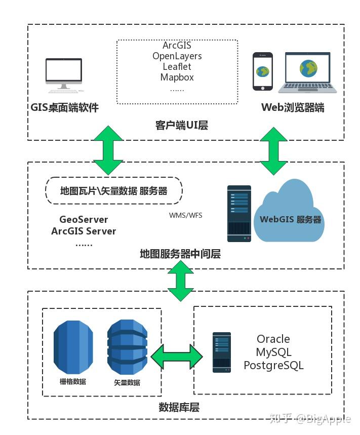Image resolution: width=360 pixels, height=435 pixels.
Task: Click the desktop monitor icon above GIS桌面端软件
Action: click(64, 75)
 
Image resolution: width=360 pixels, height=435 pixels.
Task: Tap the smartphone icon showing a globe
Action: click(262, 71)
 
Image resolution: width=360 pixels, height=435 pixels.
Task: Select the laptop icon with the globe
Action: click(307, 72)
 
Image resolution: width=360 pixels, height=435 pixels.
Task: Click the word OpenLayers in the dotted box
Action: click(177, 56)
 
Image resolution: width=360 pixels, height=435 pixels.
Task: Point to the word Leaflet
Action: click(177, 66)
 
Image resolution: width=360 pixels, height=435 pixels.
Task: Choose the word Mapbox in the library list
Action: click(177, 77)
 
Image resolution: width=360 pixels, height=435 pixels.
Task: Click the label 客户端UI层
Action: click(182, 126)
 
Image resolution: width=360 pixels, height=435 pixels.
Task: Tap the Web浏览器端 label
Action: click(293, 107)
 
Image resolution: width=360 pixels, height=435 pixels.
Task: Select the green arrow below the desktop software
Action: click(108, 150)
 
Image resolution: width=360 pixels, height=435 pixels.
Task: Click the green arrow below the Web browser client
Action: click(273, 151)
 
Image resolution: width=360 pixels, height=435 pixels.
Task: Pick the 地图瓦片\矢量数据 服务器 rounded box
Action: click(114, 190)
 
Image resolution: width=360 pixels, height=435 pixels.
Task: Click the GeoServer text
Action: click(84, 219)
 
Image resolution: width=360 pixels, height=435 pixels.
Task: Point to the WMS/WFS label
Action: click(185, 215)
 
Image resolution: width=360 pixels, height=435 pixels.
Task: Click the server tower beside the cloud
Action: click(239, 214)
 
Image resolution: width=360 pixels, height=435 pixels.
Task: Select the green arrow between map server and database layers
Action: click(181, 281)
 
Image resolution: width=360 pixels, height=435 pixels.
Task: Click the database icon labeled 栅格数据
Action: click(73, 347)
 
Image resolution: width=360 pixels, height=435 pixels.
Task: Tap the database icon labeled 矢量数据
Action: click(127, 347)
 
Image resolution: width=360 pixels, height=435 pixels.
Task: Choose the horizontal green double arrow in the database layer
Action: click(177, 357)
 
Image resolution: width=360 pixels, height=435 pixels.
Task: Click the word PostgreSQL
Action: click(274, 365)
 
